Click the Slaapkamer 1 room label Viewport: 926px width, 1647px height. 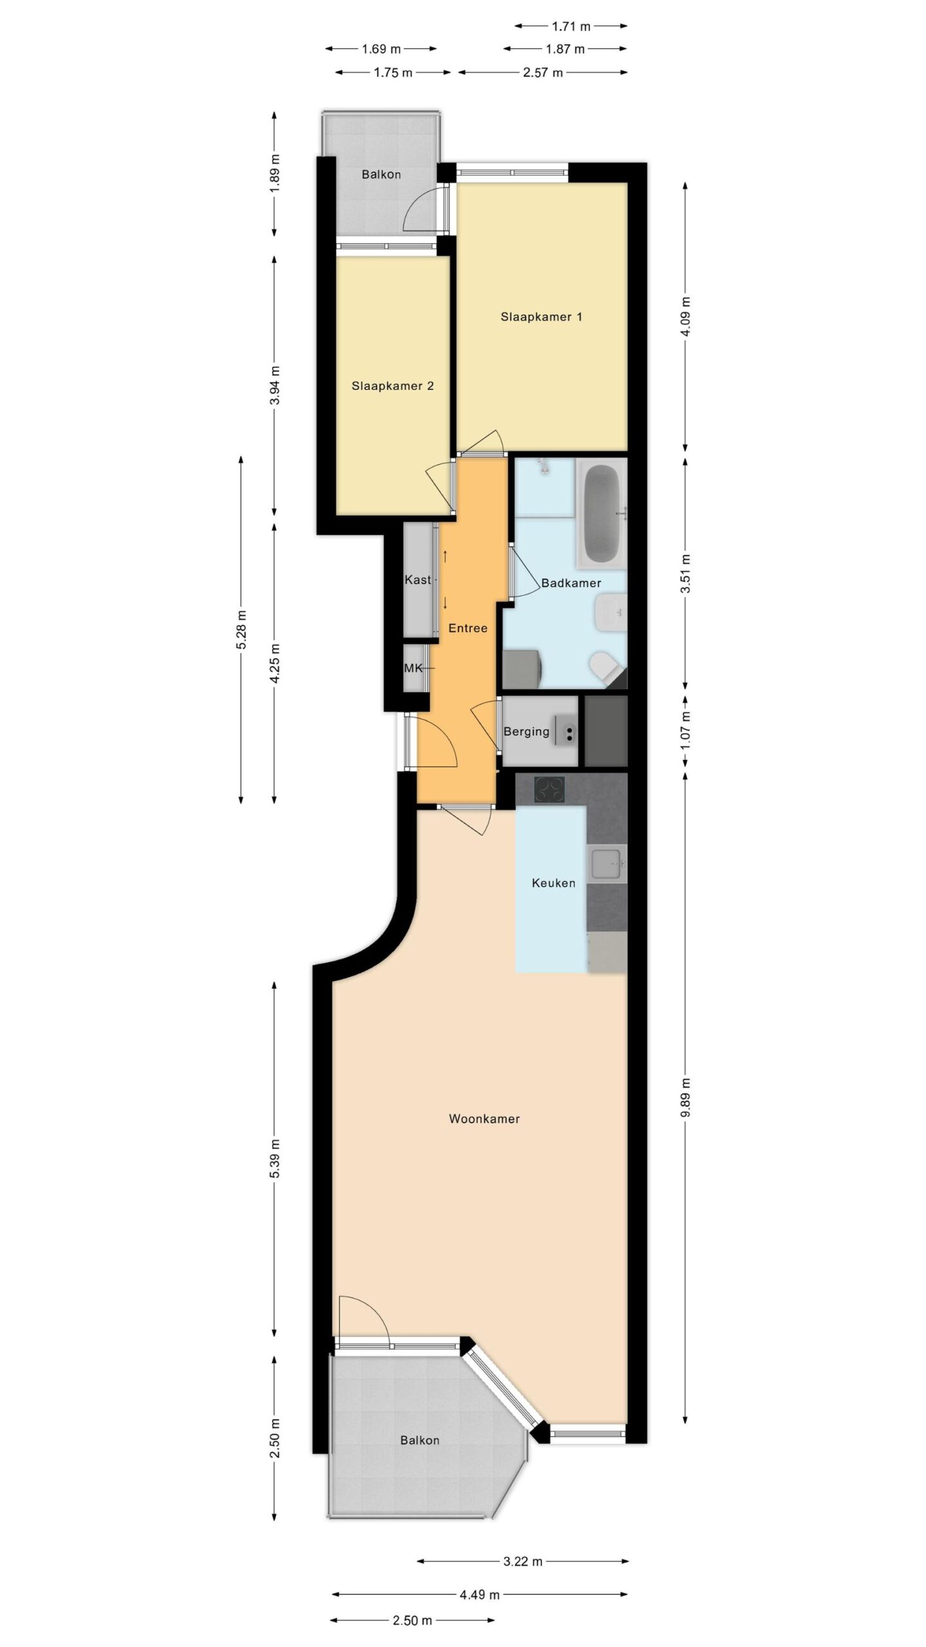[x=541, y=317]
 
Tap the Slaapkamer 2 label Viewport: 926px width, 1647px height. [x=392, y=386]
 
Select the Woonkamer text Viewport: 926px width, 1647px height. [x=484, y=1119]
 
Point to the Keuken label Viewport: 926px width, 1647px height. [x=553, y=883]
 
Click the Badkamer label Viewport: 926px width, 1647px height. [x=571, y=584]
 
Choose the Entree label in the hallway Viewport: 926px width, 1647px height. [x=468, y=628]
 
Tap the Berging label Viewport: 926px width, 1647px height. [x=527, y=731]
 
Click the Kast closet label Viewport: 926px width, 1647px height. [x=418, y=580]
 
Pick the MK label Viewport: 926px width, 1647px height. [x=413, y=668]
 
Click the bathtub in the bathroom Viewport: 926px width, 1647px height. [x=602, y=514]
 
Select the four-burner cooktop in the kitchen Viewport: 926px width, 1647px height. [x=550, y=790]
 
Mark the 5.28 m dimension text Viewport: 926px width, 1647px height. [x=241, y=630]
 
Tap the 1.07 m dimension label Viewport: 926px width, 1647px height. [x=685, y=731]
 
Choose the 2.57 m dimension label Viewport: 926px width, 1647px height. [x=543, y=73]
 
